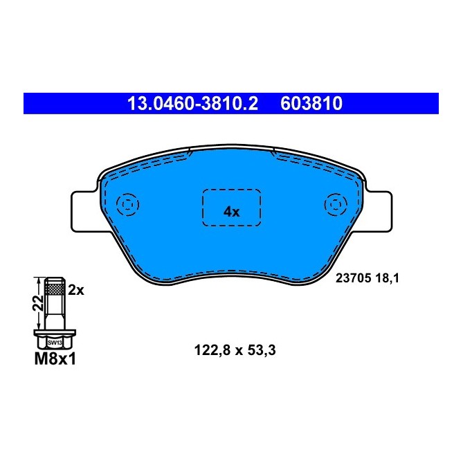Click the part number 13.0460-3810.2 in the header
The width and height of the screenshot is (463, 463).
(192, 104)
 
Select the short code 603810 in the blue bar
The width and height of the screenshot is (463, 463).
(311, 104)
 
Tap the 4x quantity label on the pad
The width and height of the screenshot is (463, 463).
(231, 212)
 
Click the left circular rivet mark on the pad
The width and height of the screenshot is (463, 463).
(127, 205)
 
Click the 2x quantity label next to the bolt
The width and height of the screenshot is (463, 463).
(75, 291)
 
